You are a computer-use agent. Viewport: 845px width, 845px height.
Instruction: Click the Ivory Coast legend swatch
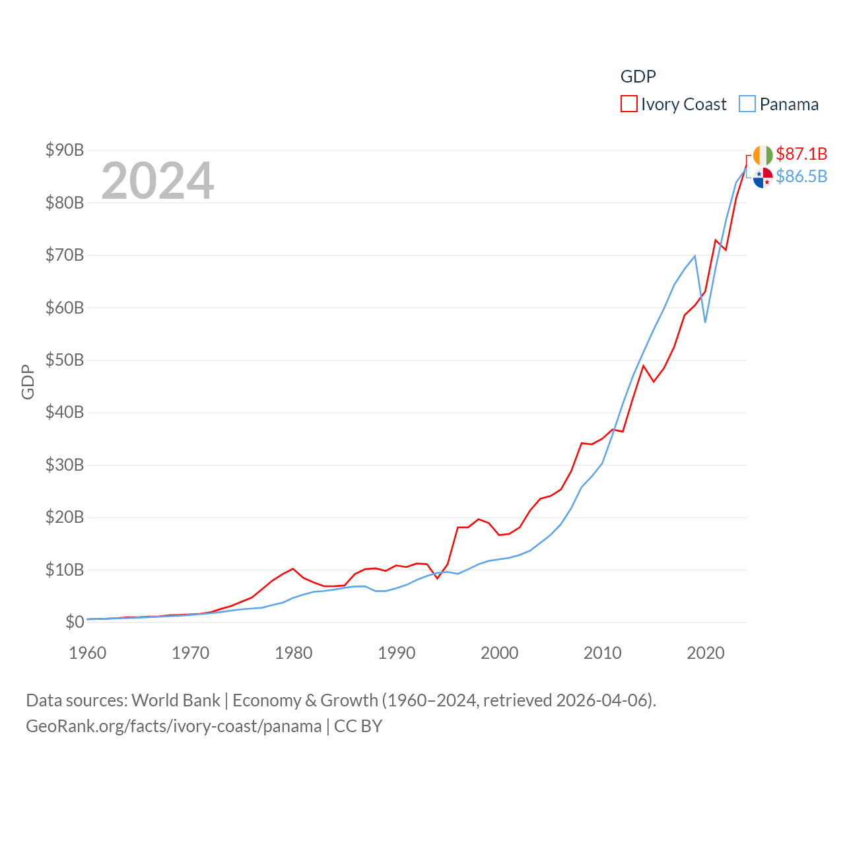[x=628, y=104]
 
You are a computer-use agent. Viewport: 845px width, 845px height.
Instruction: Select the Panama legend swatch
[x=747, y=104]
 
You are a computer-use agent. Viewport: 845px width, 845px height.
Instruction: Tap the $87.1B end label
[x=801, y=154]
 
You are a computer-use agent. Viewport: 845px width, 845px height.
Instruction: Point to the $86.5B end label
[x=801, y=176]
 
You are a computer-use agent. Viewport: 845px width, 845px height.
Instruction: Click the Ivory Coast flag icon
[x=762, y=155]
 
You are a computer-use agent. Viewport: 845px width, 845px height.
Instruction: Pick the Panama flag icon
[x=762, y=178]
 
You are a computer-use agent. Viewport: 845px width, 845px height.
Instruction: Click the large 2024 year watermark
[x=158, y=181]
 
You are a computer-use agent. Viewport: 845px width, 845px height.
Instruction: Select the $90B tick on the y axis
[x=65, y=150]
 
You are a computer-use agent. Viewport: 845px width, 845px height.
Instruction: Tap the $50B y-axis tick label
[x=65, y=360]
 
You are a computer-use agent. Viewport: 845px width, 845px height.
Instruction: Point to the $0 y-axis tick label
[x=74, y=622]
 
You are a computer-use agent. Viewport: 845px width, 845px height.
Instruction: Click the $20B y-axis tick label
[x=65, y=517]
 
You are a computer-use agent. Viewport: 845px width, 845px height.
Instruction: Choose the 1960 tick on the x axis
[x=88, y=653]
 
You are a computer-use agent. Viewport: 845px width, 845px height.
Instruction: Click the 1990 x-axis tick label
[x=397, y=653]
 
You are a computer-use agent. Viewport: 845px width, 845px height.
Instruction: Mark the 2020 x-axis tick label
[x=706, y=653]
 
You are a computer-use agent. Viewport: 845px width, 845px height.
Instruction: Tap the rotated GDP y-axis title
[x=28, y=382]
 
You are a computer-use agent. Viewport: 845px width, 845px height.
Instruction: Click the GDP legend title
[x=638, y=77]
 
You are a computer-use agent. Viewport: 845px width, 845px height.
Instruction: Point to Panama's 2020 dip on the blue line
[x=705, y=321]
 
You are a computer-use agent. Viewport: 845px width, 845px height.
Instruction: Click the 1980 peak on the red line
[x=293, y=568]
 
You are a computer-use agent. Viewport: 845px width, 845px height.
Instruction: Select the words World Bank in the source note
[x=176, y=700]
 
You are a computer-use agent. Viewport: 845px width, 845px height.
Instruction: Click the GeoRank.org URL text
[x=174, y=726]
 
